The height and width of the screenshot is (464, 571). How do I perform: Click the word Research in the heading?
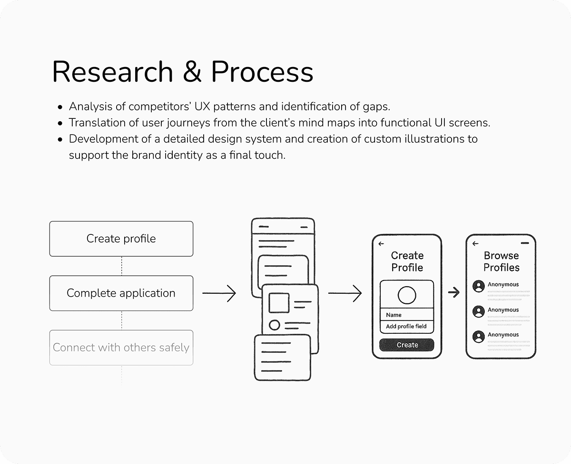pos(112,73)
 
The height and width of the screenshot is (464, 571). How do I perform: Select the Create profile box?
pos(121,239)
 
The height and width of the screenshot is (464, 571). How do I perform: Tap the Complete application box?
pos(121,293)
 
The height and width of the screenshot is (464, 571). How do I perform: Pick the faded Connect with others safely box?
pos(121,348)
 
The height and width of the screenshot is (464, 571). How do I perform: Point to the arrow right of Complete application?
pos(219,293)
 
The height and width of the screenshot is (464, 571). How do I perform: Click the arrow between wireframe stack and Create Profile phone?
pos(345,293)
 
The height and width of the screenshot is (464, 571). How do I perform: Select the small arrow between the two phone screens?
pos(454,292)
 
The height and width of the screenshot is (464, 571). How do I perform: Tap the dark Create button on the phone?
pos(407,345)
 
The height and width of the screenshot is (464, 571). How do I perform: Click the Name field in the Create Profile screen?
pos(407,315)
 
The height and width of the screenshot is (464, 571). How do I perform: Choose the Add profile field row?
pos(407,327)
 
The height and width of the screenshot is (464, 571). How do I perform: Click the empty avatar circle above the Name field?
pos(407,295)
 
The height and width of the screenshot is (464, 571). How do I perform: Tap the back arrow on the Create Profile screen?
pos(381,244)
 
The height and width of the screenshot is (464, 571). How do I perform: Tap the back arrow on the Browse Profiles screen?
pos(475,244)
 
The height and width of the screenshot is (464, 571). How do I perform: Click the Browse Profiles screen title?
pos(502,261)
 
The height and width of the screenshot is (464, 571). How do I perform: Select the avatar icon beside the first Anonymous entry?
pos(479,286)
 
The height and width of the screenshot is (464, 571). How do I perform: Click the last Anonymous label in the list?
pos(503,335)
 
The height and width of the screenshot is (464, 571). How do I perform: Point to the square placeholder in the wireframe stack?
pos(279,303)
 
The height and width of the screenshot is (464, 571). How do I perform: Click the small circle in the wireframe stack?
pos(275,325)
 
